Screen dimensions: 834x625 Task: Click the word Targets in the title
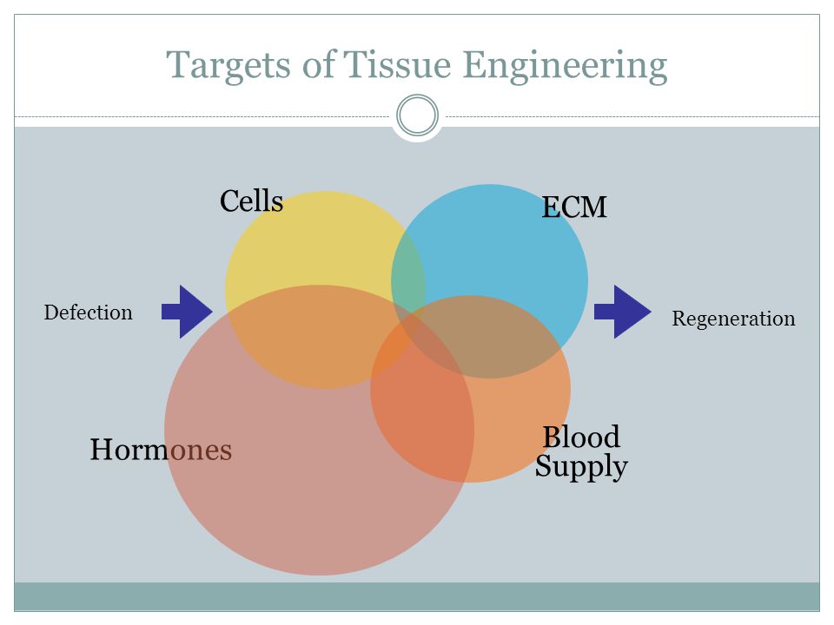228,66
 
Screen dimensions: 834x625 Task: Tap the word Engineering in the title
565,66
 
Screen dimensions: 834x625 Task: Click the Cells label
252,201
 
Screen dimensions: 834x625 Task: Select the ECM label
574,207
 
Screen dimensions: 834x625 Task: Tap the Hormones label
161,450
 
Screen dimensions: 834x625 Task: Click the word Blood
581,437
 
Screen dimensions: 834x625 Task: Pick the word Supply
581,466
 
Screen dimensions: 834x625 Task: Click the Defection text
89,312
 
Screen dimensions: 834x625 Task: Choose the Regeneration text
733,319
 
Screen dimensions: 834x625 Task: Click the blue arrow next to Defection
188,312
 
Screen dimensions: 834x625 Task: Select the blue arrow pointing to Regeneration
622,312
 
